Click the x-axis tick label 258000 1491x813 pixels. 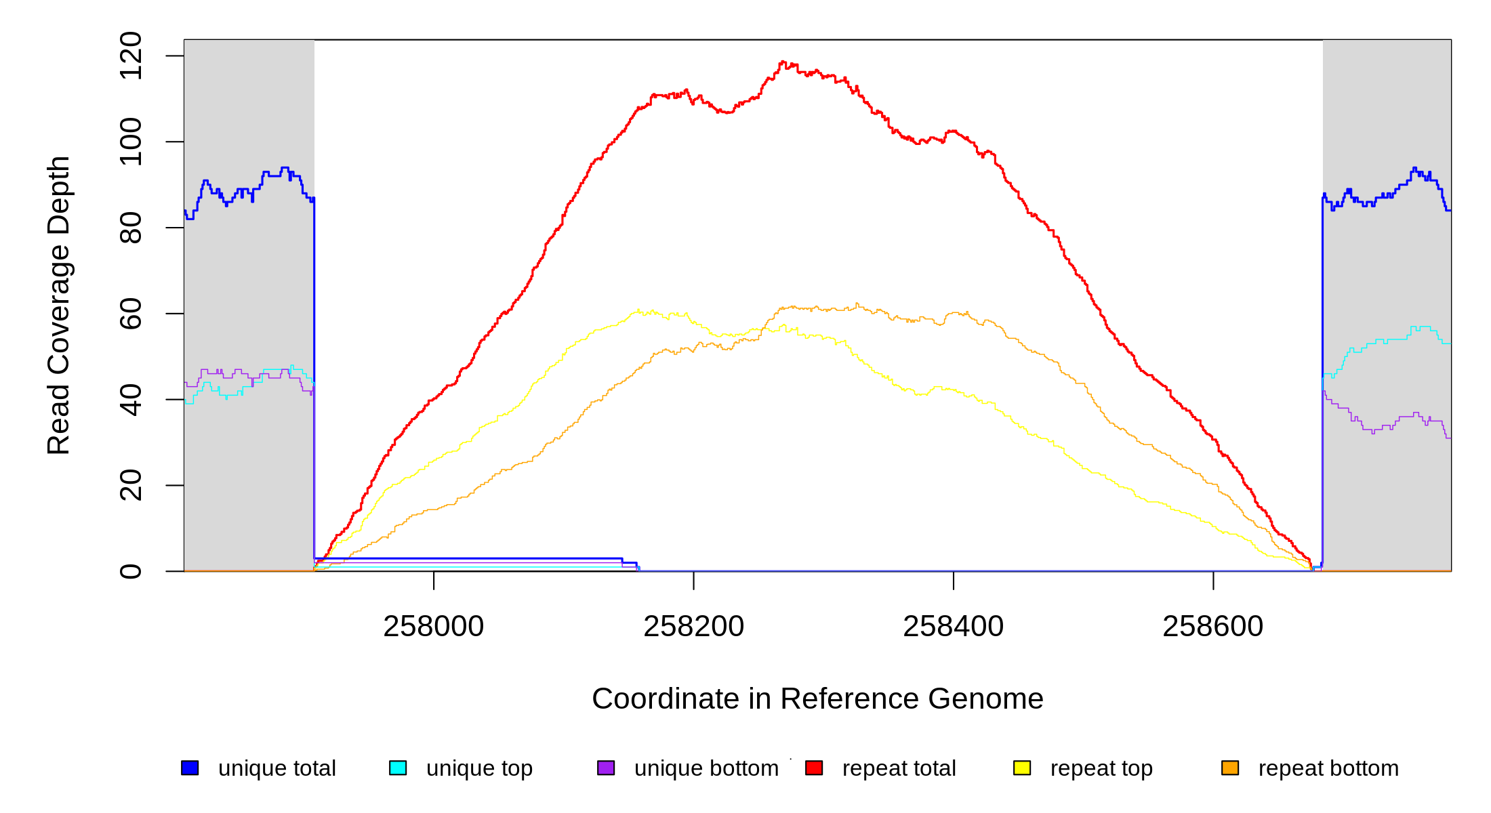point(433,627)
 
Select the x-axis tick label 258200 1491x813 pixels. point(693,627)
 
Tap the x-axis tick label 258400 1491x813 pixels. point(953,627)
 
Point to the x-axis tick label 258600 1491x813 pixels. point(1212,627)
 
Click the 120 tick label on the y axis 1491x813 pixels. point(130,56)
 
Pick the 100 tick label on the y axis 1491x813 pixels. point(130,142)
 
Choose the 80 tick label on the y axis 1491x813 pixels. point(130,228)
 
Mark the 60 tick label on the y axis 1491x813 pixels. point(130,314)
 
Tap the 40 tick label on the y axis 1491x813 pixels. point(130,400)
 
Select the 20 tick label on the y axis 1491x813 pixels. point(130,485)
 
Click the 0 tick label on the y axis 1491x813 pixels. point(130,571)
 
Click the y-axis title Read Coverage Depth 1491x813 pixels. point(58,305)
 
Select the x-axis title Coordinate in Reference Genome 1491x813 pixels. point(817,699)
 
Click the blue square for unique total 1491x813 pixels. point(190,768)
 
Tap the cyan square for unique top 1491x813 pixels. point(398,768)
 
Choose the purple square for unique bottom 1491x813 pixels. point(606,768)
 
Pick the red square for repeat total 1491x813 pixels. point(814,768)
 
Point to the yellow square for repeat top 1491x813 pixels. point(1022,768)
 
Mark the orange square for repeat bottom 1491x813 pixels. point(1230,768)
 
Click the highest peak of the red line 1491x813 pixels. point(783,62)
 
